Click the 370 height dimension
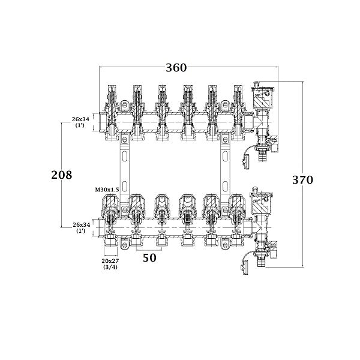302,179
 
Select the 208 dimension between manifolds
61,175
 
